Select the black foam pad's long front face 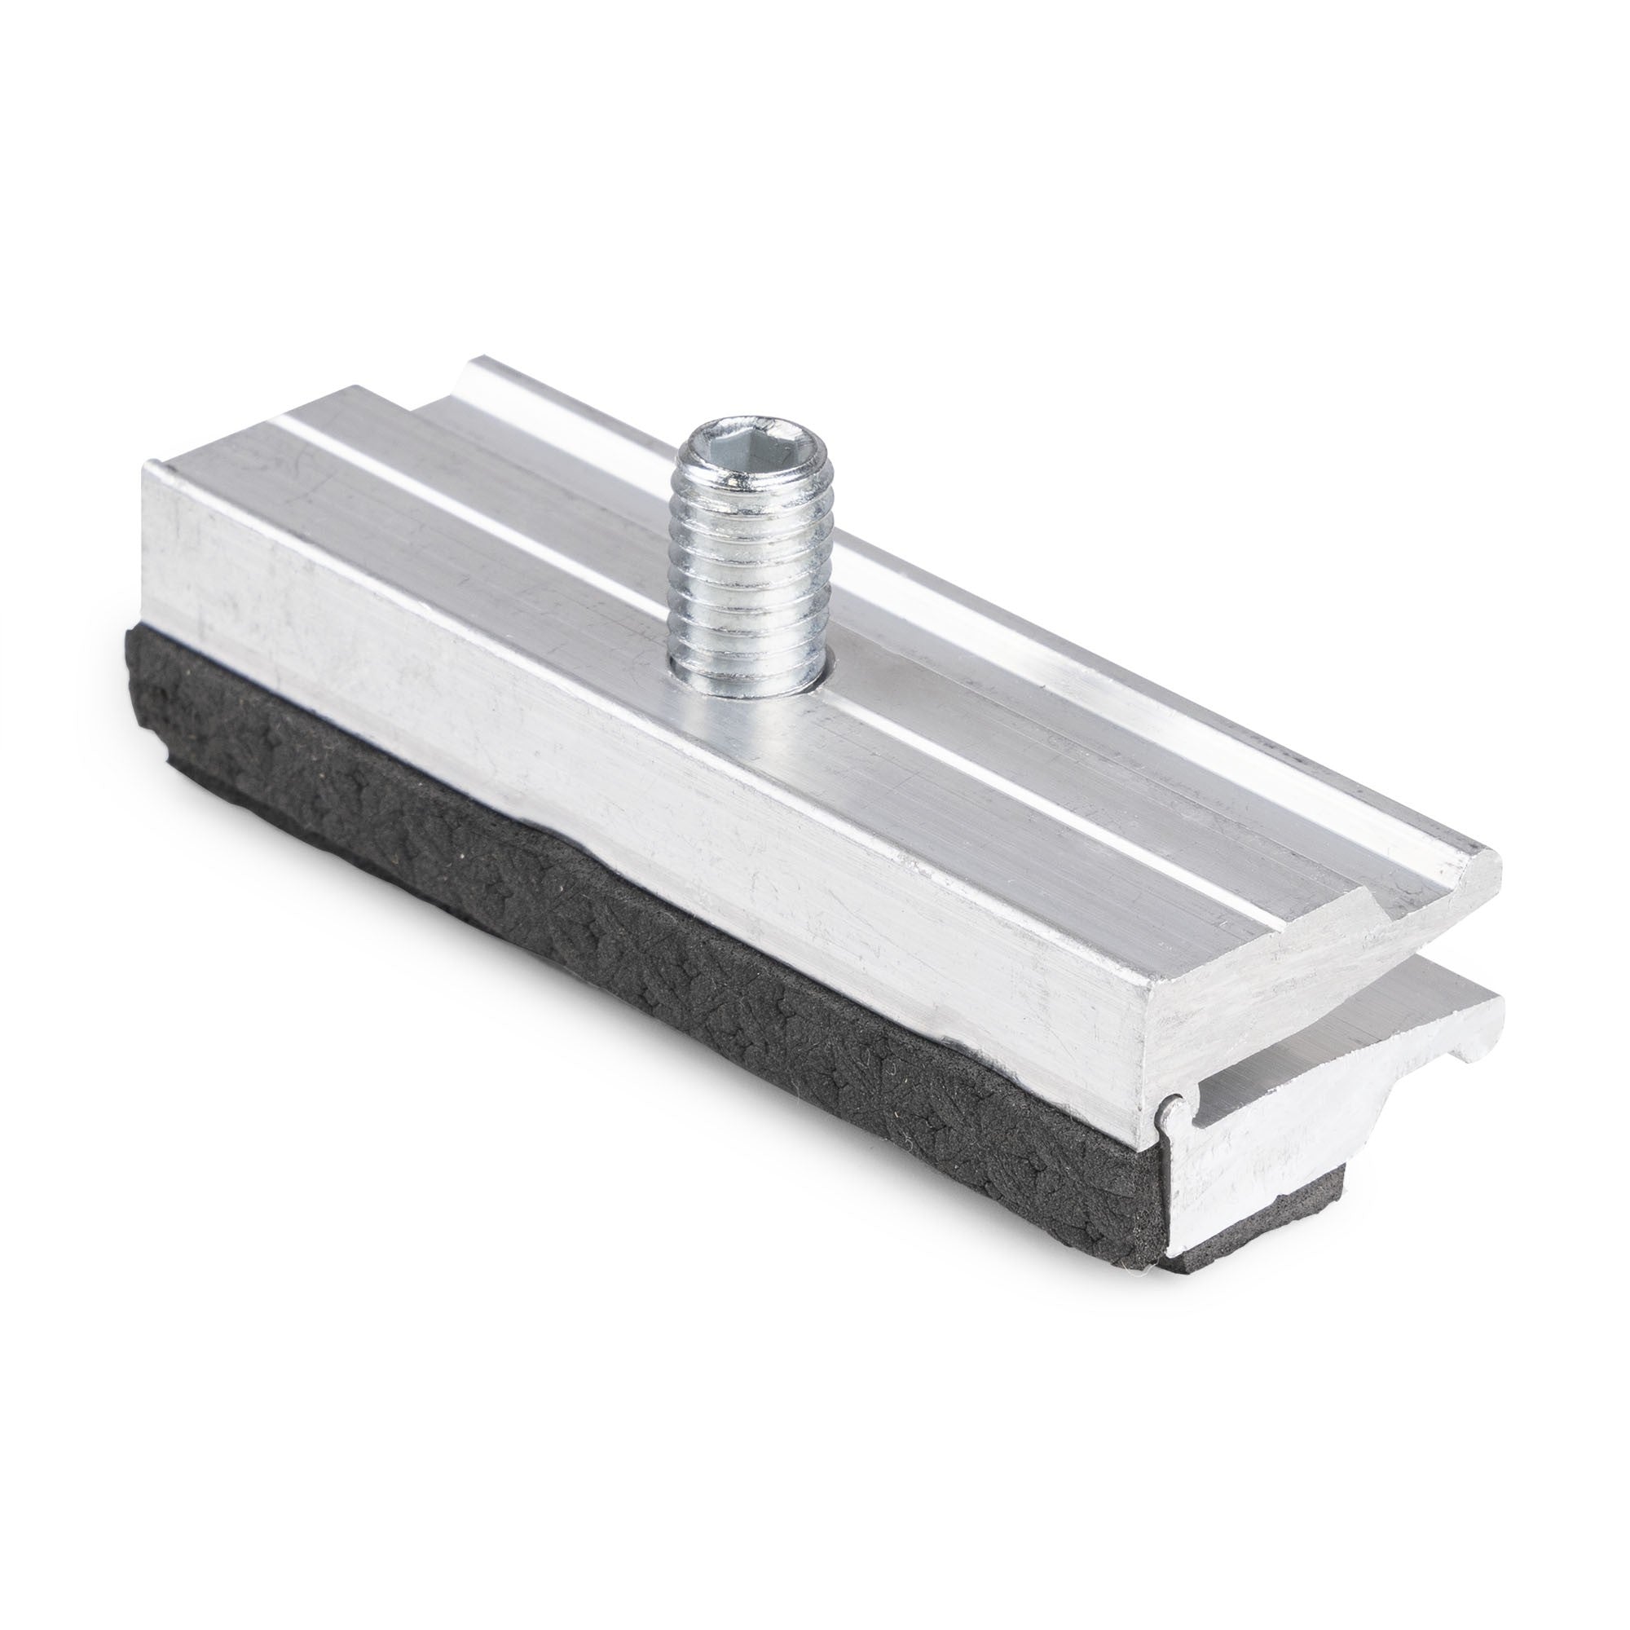coord(632,911)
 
